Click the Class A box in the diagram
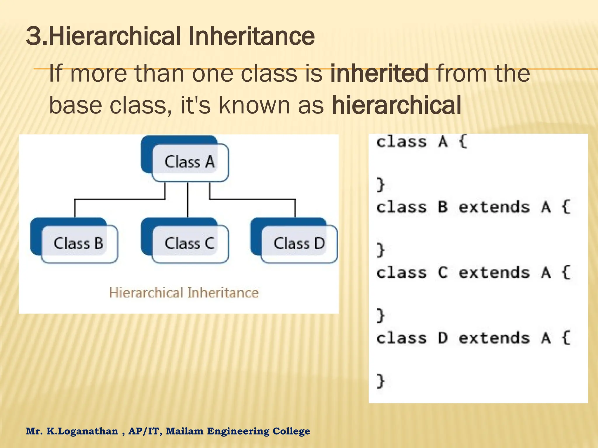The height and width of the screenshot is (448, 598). tap(190, 162)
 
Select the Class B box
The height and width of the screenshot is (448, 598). tap(79, 244)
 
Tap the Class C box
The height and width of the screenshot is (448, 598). tap(190, 244)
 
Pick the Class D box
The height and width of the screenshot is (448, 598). tap(299, 244)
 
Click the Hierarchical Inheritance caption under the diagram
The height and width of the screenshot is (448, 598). tap(184, 293)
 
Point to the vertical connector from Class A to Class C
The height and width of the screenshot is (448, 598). tap(187, 200)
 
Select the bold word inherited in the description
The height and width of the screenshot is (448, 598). tap(379, 73)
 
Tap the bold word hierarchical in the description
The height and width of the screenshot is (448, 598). tap(397, 105)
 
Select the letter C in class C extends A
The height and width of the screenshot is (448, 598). tap(443, 273)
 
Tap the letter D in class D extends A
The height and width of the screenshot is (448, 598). tap(443, 338)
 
